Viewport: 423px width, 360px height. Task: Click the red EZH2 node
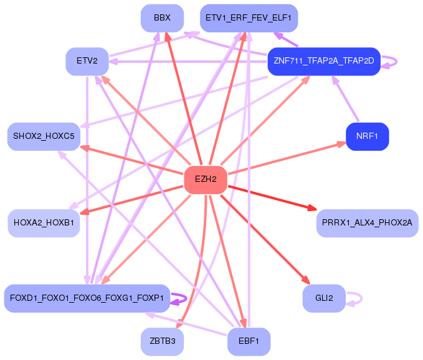click(206, 179)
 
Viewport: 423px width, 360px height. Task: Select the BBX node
click(162, 18)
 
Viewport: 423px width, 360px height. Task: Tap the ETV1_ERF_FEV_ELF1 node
click(249, 18)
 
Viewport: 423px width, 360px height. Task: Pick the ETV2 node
click(87, 61)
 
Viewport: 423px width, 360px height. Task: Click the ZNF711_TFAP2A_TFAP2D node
click(323, 61)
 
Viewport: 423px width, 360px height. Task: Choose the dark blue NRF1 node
click(367, 136)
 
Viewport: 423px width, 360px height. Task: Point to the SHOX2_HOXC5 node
click(44, 136)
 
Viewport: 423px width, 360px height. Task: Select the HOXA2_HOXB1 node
click(44, 222)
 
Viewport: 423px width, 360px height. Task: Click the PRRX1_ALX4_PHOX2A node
click(367, 222)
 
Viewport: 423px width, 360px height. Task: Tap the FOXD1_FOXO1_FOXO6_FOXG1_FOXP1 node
click(87, 298)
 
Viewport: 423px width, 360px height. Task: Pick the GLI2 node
click(324, 298)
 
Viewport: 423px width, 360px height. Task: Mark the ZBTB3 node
click(162, 341)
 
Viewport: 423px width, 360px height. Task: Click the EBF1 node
click(249, 341)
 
